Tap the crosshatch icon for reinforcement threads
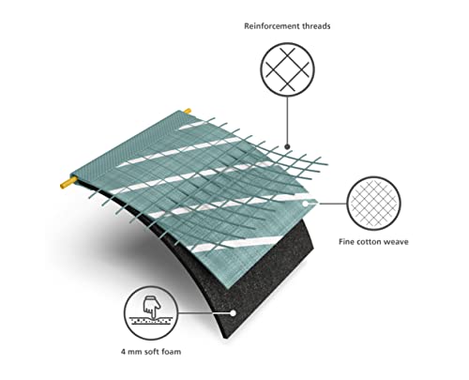click(288, 69)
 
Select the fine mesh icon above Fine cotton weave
click(373, 204)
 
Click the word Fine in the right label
click(346, 242)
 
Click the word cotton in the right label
click(369, 242)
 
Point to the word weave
click(397, 242)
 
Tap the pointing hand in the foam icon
click(152, 307)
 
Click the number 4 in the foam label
click(124, 352)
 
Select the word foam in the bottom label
click(172, 352)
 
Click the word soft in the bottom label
click(152, 352)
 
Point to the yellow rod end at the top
click(188, 111)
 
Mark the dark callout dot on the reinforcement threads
click(288, 146)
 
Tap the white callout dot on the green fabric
click(305, 204)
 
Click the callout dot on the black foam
click(233, 312)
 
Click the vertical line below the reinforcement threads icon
click(288, 120)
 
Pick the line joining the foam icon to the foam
click(204, 312)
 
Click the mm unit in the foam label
click(135, 353)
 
